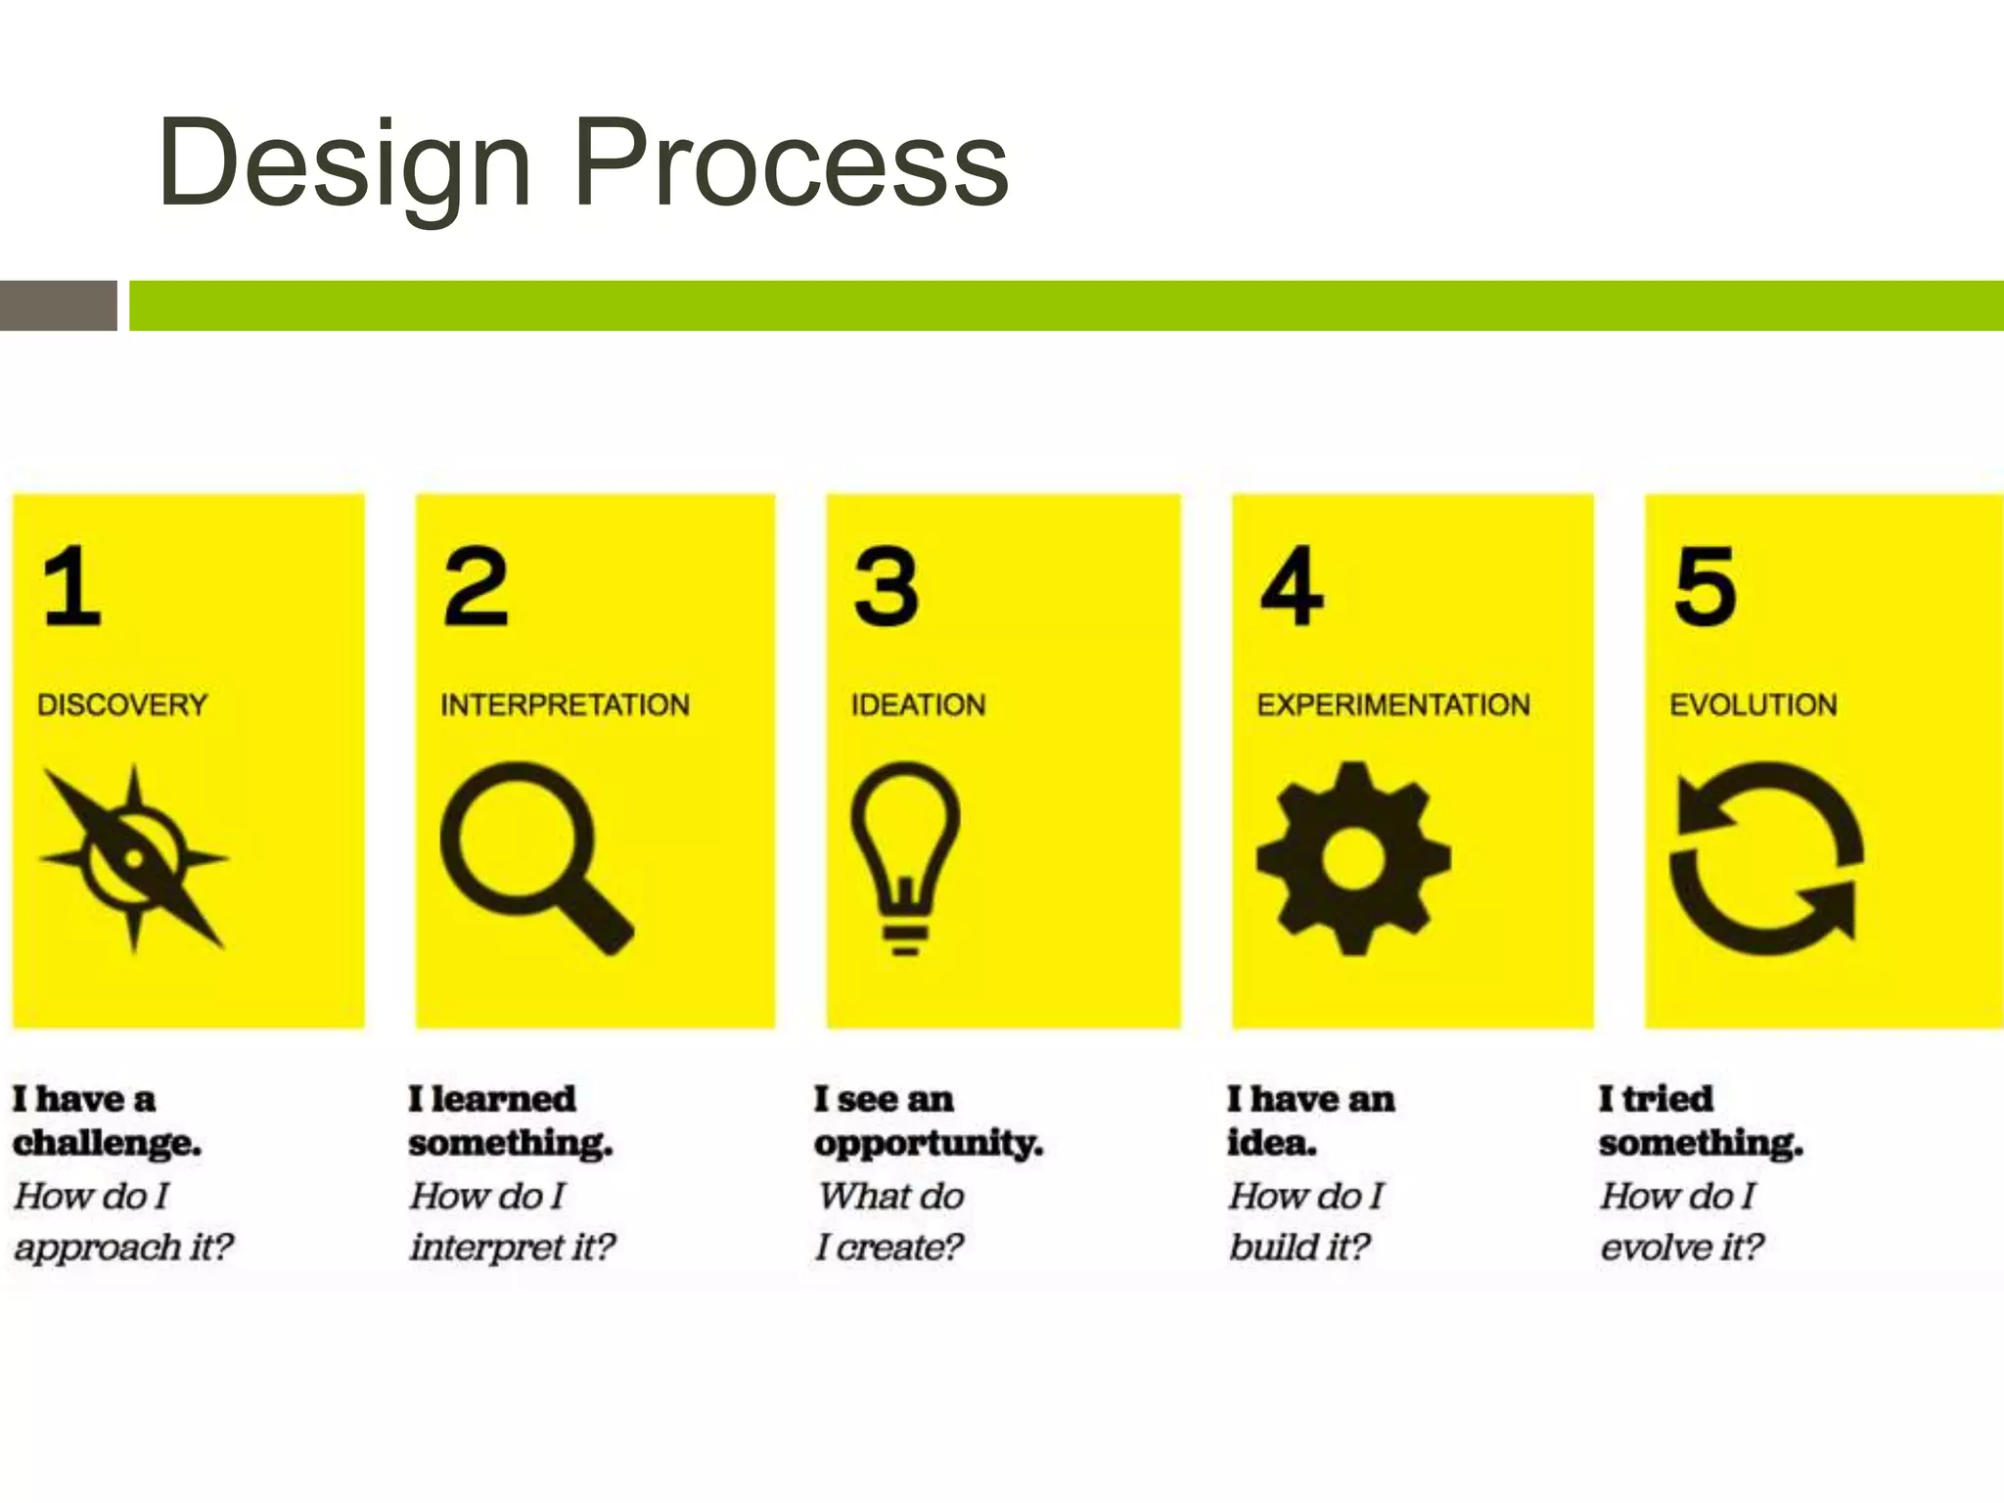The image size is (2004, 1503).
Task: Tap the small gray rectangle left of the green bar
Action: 58,305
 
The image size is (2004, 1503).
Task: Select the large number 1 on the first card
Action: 72,586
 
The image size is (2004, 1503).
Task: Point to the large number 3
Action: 886,586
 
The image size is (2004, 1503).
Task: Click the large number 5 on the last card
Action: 1705,586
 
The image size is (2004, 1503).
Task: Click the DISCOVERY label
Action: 122,705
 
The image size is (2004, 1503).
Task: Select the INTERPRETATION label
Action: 565,705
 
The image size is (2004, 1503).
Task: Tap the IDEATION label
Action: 918,705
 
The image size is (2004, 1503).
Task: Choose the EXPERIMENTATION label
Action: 1393,705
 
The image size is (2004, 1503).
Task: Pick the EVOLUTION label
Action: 1753,705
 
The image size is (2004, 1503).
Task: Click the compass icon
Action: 134,858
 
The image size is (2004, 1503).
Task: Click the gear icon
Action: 1353,858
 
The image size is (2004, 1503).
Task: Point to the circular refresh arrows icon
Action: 1766,858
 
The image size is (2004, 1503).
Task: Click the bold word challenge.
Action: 107,1143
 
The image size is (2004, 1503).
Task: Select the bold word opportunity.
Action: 929,1143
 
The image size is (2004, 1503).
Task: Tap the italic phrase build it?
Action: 1299,1247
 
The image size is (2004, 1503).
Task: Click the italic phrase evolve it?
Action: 1681,1247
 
